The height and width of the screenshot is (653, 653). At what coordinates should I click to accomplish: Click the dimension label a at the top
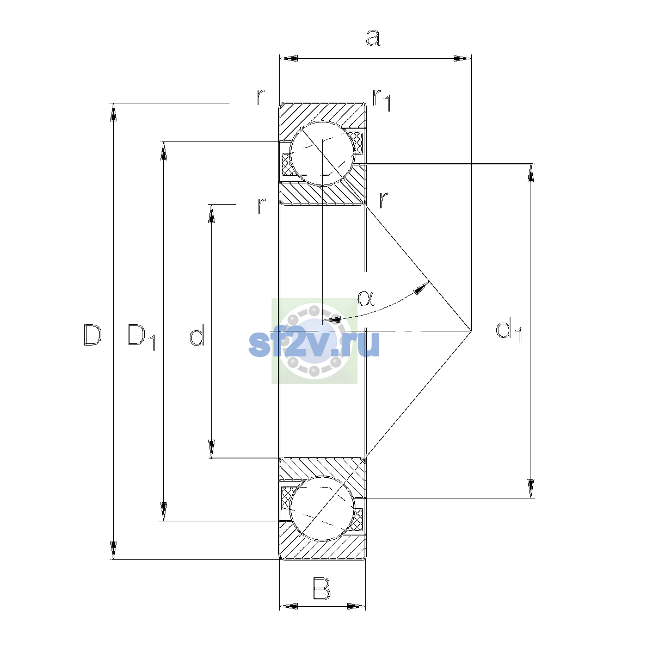(373, 38)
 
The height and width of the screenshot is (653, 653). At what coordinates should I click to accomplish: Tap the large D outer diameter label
(92, 335)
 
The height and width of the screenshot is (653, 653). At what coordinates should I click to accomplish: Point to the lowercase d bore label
(197, 335)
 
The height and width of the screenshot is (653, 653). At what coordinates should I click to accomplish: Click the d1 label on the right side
(509, 330)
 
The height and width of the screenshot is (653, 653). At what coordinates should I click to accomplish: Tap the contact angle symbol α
(366, 298)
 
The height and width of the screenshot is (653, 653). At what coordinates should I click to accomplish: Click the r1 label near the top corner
(382, 100)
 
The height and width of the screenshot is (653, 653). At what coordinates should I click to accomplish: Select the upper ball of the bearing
(322, 153)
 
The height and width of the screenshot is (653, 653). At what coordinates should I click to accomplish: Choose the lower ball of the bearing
(322, 508)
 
